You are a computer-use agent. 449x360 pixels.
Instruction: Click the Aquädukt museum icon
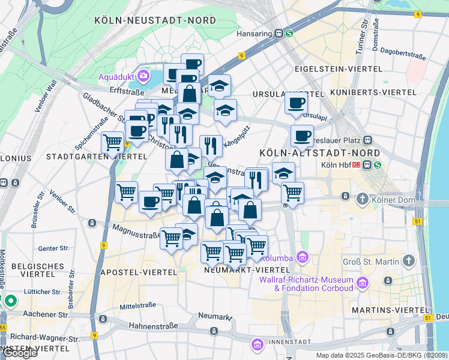[143, 76]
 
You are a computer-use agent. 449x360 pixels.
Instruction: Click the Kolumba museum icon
[303, 257]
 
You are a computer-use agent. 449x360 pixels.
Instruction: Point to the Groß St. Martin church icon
[409, 261]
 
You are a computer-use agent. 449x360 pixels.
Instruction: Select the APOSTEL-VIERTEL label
[139, 272]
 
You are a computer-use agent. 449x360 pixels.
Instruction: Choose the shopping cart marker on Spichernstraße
[112, 143]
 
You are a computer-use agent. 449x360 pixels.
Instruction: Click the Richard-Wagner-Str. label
[44, 338]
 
